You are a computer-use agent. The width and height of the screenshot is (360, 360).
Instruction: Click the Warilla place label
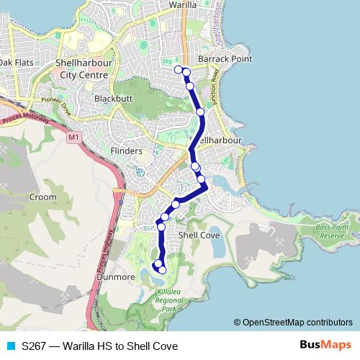click(184, 4)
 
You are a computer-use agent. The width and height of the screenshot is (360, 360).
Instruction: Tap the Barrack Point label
click(226, 59)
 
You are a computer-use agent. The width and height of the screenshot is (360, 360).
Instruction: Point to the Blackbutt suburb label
click(112, 97)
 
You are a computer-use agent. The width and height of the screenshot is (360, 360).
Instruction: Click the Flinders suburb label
click(127, 151)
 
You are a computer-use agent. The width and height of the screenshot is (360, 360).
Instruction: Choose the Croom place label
click(42, 196)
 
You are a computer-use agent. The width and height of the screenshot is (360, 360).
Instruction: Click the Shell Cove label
click(198, 235)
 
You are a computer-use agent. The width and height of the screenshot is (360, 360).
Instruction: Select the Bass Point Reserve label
click(332, 232)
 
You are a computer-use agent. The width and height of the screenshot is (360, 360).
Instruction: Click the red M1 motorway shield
click(73, 135)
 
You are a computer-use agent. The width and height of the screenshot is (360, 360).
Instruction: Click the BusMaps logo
click(326, 345)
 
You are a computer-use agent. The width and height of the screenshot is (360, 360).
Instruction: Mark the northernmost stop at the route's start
click(178, 69)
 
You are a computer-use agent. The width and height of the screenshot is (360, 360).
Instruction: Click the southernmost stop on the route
click(162, 270)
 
